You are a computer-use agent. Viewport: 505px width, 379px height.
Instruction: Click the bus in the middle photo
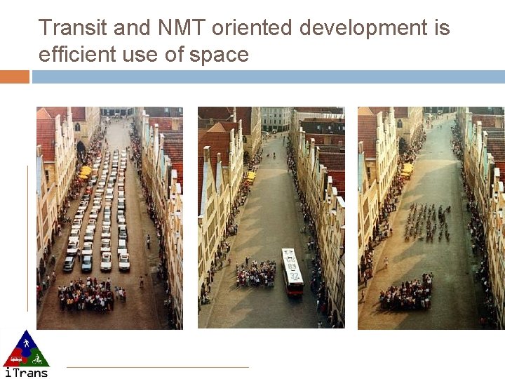click(x=292, y=270)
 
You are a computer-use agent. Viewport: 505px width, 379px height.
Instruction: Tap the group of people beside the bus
click(x=255, y=274)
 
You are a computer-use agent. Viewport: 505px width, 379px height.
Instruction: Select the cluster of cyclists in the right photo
click(x=426, y=222)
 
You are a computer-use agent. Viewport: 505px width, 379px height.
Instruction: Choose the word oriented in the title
click(x=252, y=28)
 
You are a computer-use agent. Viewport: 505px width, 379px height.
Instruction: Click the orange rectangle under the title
click(x=14, y=77)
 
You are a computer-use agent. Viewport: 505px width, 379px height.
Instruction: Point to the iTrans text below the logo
click(x=26, y=372)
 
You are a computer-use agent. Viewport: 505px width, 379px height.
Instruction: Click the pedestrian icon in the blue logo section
click(x=26, y=345)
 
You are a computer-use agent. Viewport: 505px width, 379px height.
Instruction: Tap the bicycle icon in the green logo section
click(x=37, y=359)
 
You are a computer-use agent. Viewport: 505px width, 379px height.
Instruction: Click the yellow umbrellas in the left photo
click(x=86, y=171)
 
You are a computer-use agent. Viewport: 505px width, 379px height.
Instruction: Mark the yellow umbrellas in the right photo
click(x=408, y=168)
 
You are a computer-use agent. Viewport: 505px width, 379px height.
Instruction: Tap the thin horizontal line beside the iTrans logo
click(x=158, y=366)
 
